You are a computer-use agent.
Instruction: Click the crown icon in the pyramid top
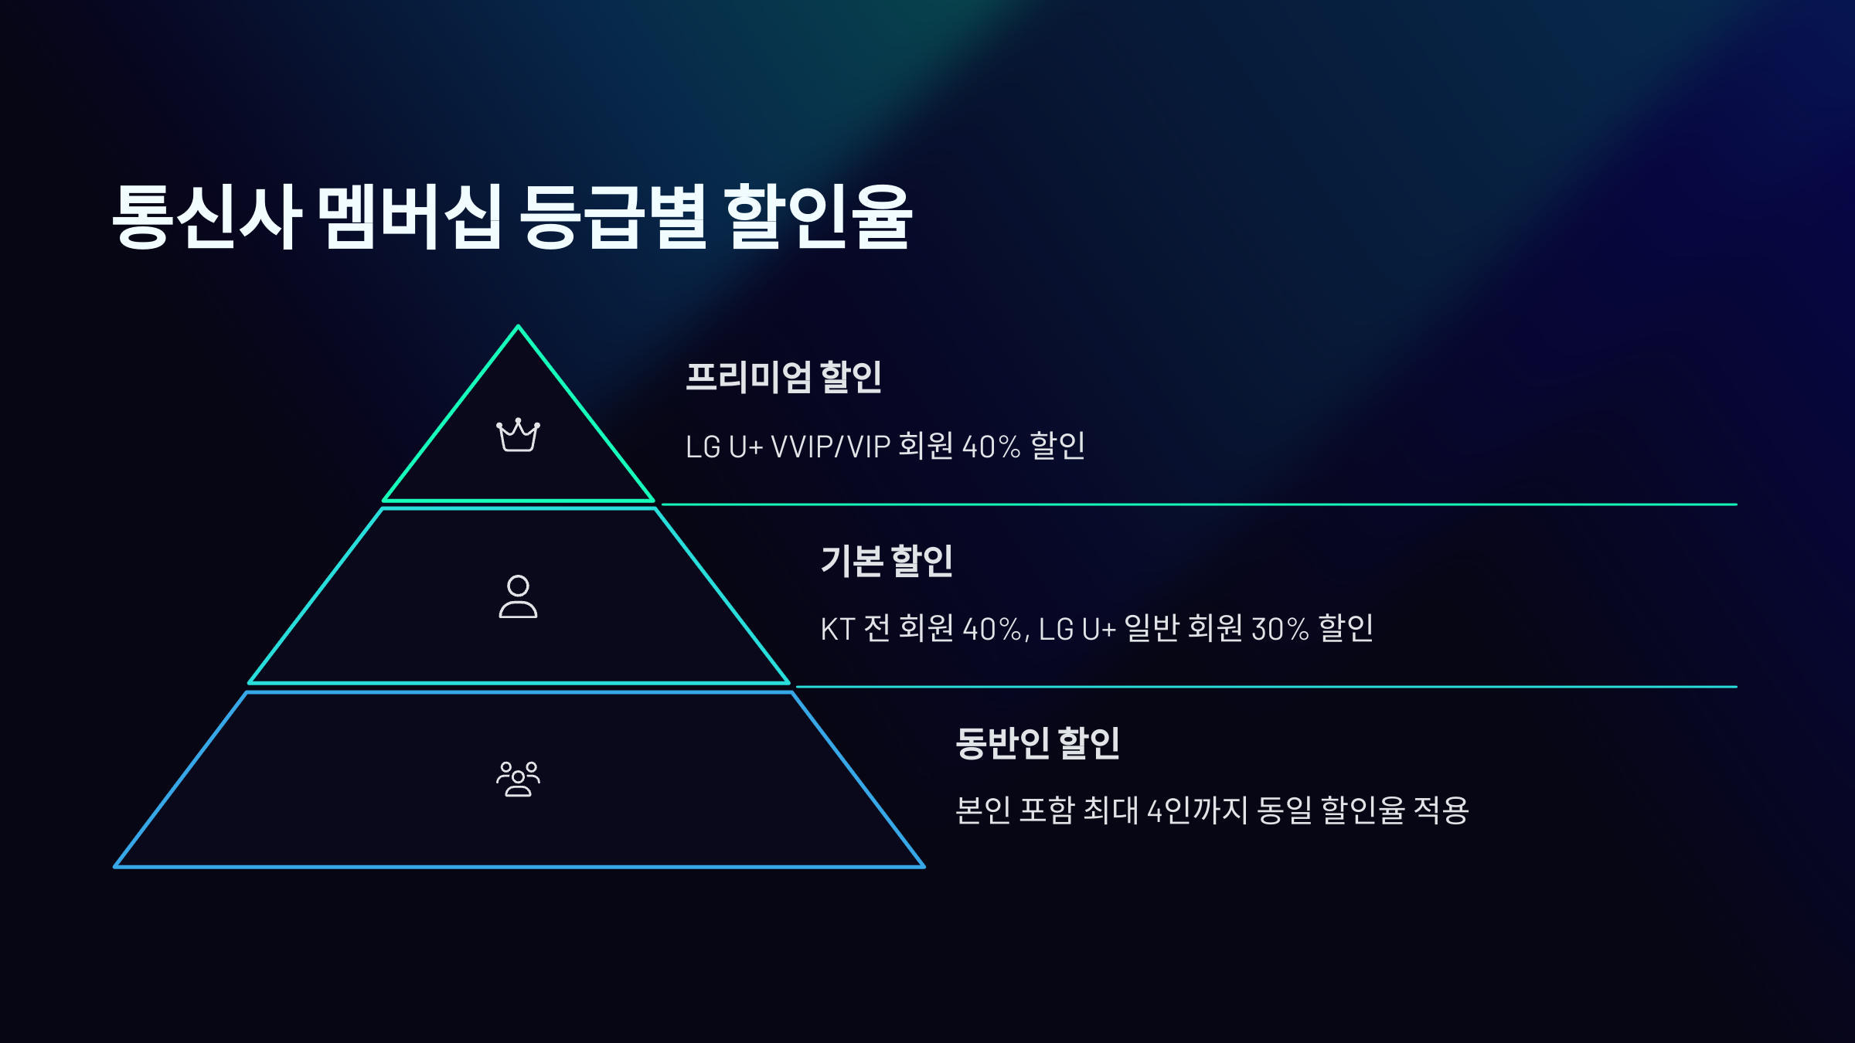(518, 435)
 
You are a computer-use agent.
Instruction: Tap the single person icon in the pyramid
(518, 596)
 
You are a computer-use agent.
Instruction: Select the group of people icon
(518, 778)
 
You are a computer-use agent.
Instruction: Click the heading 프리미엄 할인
(783, 378)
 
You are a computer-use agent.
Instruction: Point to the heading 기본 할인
(887, 560)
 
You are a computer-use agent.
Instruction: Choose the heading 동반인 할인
(1037, 742)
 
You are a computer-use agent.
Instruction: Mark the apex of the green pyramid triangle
(518, 327)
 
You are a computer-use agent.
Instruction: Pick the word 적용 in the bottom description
(1441, 810)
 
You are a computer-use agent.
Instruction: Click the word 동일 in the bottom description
(1285, 810)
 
